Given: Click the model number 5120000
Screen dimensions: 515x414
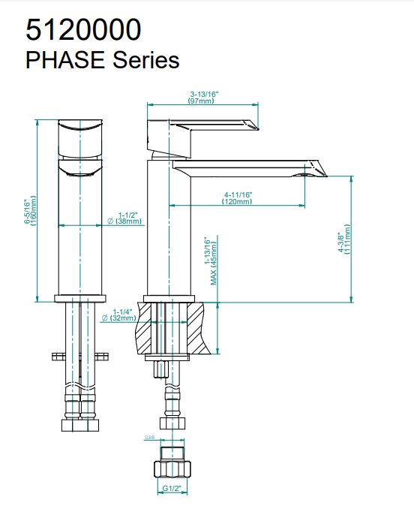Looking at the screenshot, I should point(82,29).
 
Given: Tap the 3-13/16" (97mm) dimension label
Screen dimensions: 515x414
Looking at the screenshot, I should point(202,98).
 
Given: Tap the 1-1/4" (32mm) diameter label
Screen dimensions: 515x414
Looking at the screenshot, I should point(121,315).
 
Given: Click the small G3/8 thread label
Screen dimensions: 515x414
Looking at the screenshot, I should point(148,437).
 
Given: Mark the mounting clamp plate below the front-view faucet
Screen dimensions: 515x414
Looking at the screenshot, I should point(80,355).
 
